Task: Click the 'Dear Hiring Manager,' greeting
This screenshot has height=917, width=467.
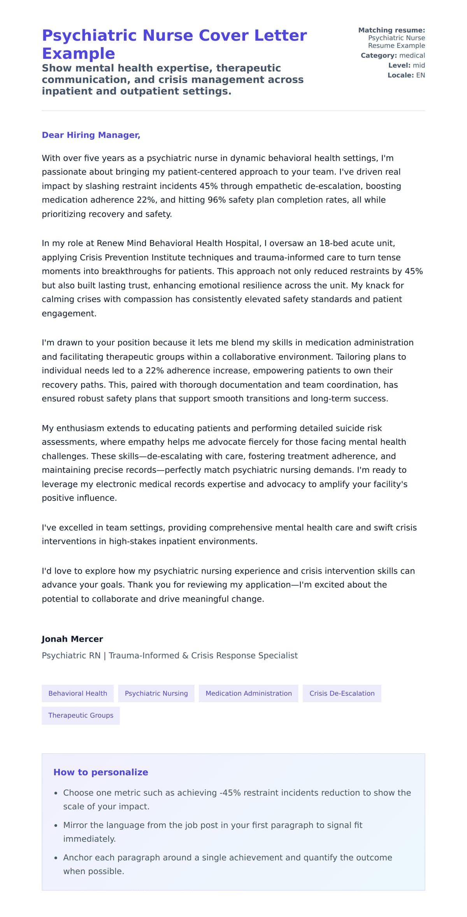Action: pos(91,135)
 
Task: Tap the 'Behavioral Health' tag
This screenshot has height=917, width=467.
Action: pos(77,693)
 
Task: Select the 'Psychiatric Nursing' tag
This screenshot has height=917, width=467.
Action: pos(156,693)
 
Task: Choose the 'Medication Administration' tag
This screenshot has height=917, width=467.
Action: pos(248,693)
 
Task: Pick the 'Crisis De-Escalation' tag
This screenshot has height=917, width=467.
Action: pos(342,693)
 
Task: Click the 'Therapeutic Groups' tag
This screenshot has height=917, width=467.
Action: pos(81,716)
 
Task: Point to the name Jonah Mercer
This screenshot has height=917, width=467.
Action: pos(72,639)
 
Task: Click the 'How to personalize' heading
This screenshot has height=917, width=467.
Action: pos(101,772)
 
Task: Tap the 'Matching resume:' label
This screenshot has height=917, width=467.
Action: pos(392,30)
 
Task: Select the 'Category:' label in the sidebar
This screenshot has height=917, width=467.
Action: pos(379,56)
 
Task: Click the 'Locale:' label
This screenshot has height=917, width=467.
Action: pos(400,75)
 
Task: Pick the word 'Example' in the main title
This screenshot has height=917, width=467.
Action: pos(78,54)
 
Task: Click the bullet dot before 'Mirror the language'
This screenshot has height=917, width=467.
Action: pos(56,826)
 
